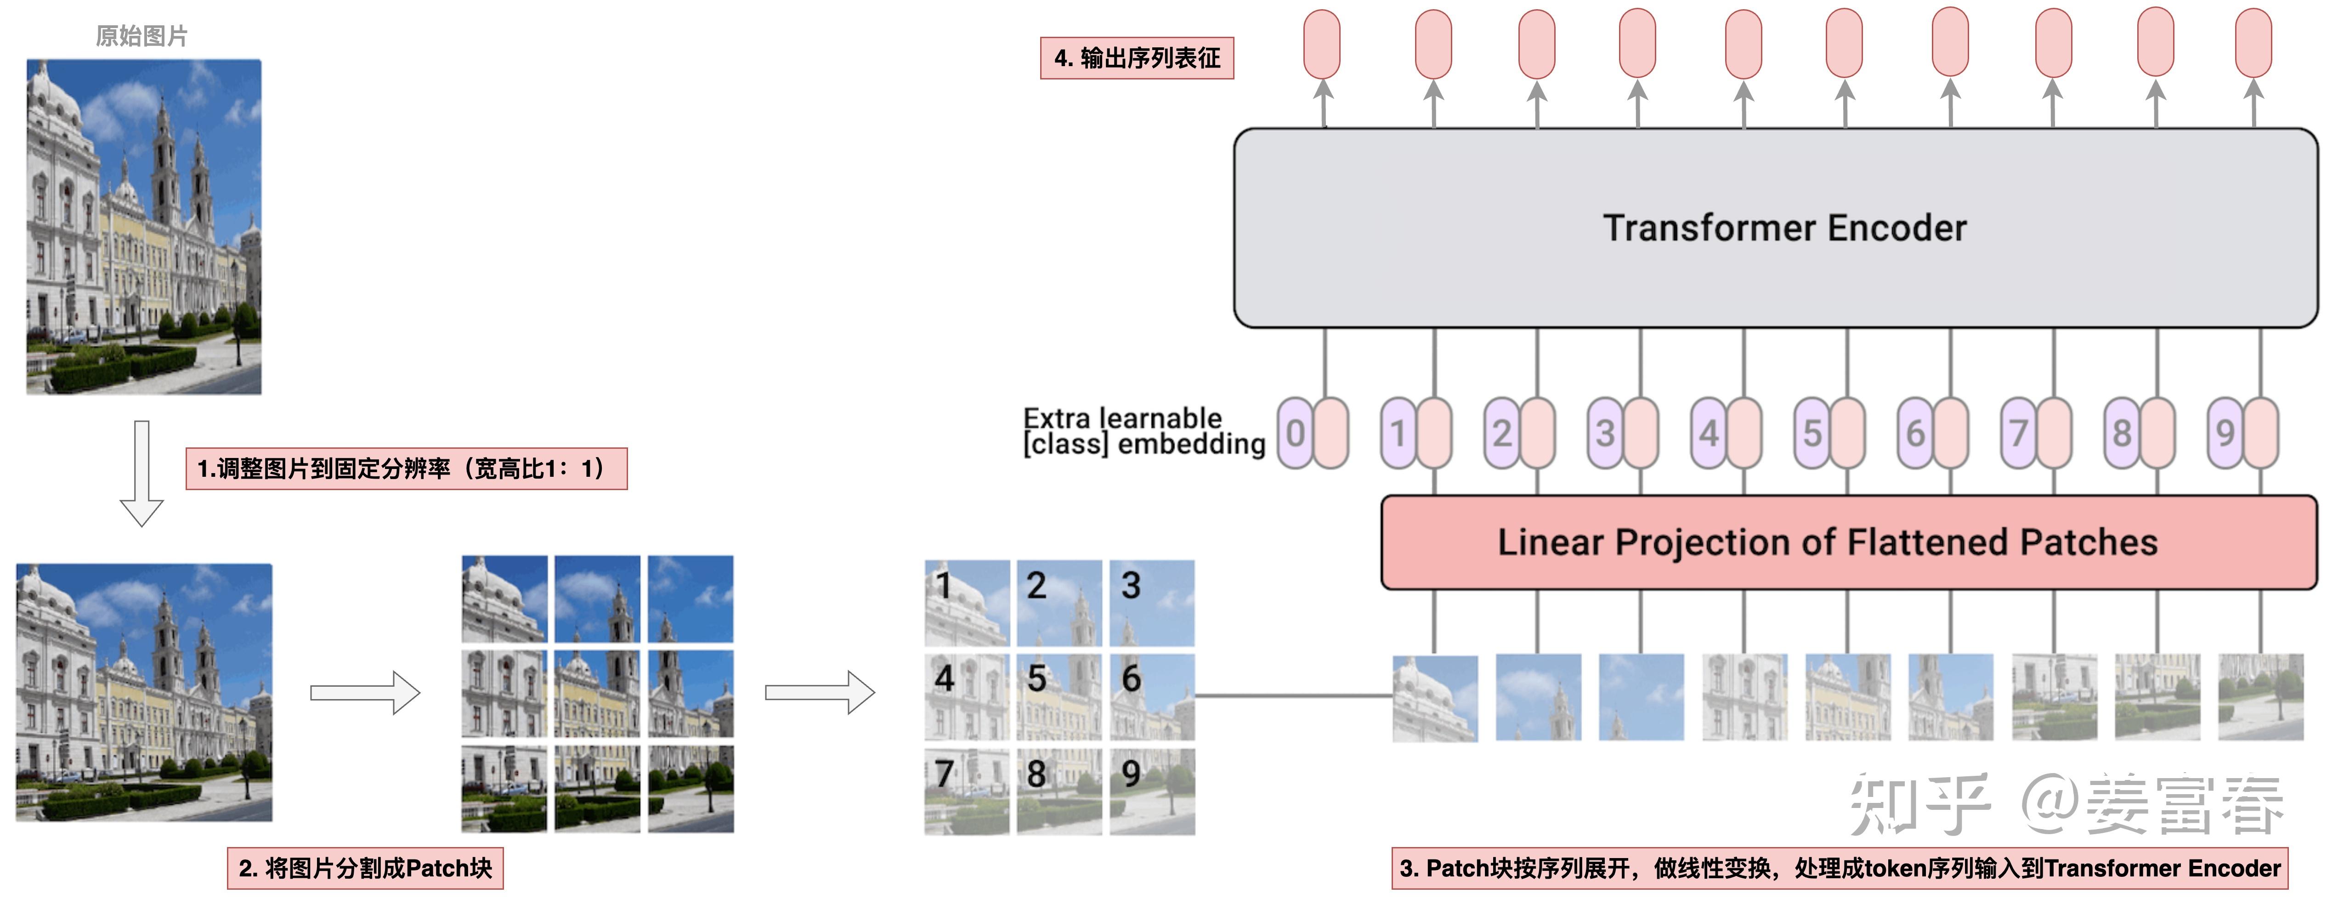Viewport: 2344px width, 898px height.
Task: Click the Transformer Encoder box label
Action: tap(1783, 227)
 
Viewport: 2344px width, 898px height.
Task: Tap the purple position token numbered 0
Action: tap(1295, 433)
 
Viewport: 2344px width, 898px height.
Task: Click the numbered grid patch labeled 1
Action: tap(966, 602)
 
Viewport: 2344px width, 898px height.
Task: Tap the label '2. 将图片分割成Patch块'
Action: tap(365, 868)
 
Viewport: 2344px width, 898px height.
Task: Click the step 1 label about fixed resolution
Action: tap(406, 469)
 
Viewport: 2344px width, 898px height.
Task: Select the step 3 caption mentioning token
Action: tap(1839, 868)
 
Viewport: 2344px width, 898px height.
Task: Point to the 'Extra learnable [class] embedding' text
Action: tap(1143, 431)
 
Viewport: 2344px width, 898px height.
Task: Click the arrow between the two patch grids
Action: tap(819, 693)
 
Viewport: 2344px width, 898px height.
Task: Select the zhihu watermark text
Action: tap(2066, 803)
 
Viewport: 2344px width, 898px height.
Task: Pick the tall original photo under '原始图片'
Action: tap(144, 226)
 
